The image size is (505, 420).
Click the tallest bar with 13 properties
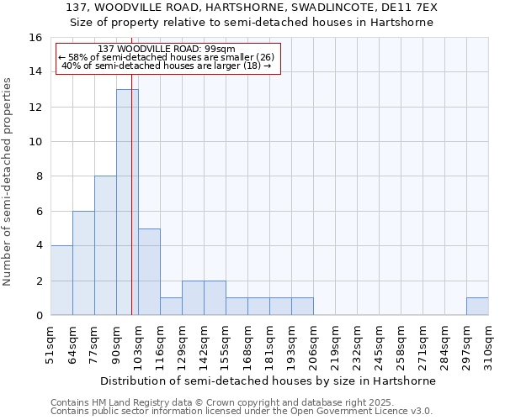[127, 202]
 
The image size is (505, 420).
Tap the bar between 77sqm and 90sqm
[105, 245]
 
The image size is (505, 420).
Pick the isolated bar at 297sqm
[477, 307]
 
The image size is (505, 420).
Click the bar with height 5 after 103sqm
[149, 271]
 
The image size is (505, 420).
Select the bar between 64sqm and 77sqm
[83, 263]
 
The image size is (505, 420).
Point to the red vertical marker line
[132, 210]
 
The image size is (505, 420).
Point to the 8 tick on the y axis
[39, 176]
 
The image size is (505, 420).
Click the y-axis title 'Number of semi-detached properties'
[8, 181]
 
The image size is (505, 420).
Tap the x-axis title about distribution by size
[268, 381]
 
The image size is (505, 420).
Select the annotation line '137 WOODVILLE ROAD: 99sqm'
[167, 49]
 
